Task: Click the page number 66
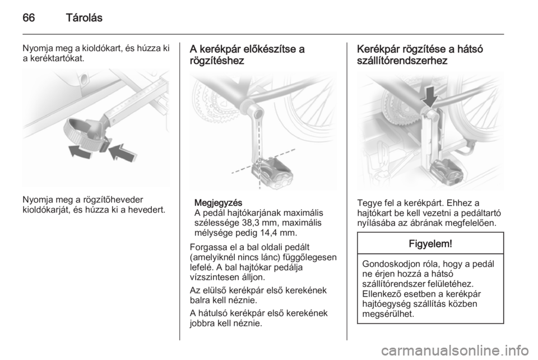coord(29,17)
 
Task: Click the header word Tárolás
coord(84,17)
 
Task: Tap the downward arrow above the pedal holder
coord(430,96)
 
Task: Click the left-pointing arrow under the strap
coord(80,151)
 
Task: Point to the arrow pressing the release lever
coord(123,153)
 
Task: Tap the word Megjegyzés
coord(218,202)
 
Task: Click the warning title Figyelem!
coord(430,244)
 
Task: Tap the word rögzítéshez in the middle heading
coord(217,61)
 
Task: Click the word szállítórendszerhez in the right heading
coord(402,61)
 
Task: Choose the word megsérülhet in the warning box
coord(388,313)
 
